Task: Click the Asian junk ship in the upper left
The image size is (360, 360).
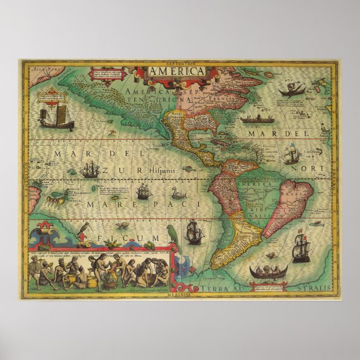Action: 50,117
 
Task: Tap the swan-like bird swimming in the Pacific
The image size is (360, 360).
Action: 178,194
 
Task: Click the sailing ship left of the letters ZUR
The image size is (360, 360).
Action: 89,169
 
